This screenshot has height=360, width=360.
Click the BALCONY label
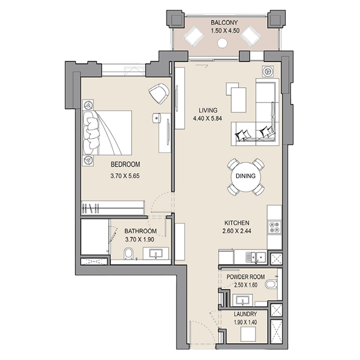pyautogui.click(x=224, y=23)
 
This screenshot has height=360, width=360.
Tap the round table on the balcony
pyautogui.click(x=222, y=43)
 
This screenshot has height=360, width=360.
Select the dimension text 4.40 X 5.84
pyautogui.click(x=207, y=118)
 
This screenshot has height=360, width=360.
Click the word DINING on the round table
pyautogui.click(x=246, y=176)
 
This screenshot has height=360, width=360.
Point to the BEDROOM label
pyautogui.click(x=125, y=164)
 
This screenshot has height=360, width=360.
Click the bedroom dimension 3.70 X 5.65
pyautogui.click(x=125, y=176)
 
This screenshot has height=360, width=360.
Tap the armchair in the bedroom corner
pyautogui.click(x=159, y=93)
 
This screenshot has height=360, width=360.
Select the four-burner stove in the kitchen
pyautogui.click(x=275, y=227)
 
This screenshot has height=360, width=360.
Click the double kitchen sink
pyautogui.click(x=255, y=257)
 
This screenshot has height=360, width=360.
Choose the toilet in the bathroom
pyautogui.click(x=128, y=254)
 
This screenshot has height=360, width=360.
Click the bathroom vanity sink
pyautogui.click(x=156, y=254)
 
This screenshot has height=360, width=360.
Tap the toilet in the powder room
pyautogui.click(x=271, y=285)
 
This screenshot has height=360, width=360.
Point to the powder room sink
pyautogui.click(x=243, y=300)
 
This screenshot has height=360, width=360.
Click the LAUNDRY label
pyautogui.click(x=245, y=314)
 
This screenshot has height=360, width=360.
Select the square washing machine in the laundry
pyautogui.click(x=248, y=334)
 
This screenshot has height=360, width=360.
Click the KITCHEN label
pyautogui.click(x=237, y=223)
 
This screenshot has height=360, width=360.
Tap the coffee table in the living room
pyautogui.click(x=239, y=100)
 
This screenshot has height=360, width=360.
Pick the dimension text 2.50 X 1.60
pyautogui.click(x=246, y=285)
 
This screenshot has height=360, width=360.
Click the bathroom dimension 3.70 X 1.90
pyautogui.click(x=139, y=239)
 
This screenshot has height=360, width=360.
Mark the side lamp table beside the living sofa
pyautogui.click(x=268, y=71)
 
